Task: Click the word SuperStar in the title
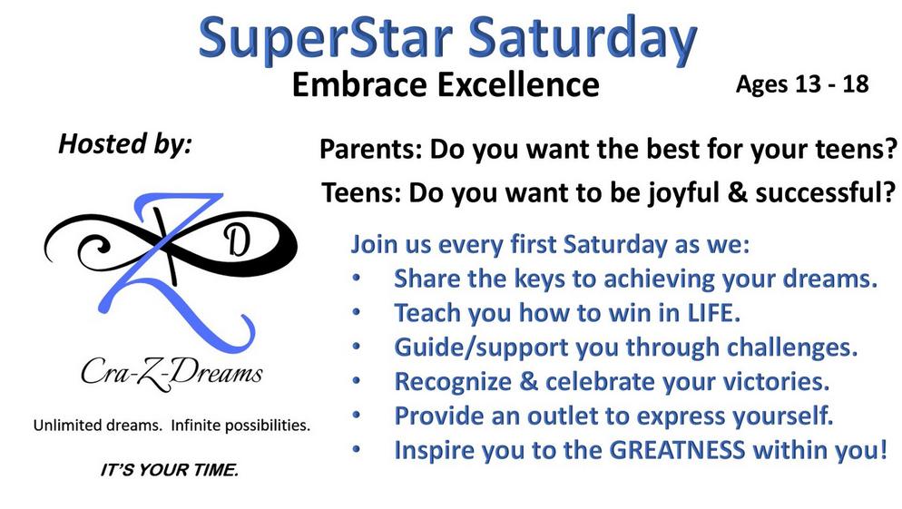[x=326, y=39]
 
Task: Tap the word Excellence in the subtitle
[x=518, y=84]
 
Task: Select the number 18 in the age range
[x=856, y=84]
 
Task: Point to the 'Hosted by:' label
[x=125, y=143]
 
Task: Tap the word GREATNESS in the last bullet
[x=677, y=450]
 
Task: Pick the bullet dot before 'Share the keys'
[x=357, y=279]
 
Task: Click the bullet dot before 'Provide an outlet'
[x=357, y=415]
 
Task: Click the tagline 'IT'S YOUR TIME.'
[x=169, y=470]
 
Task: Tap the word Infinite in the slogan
[x=196, y=426]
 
